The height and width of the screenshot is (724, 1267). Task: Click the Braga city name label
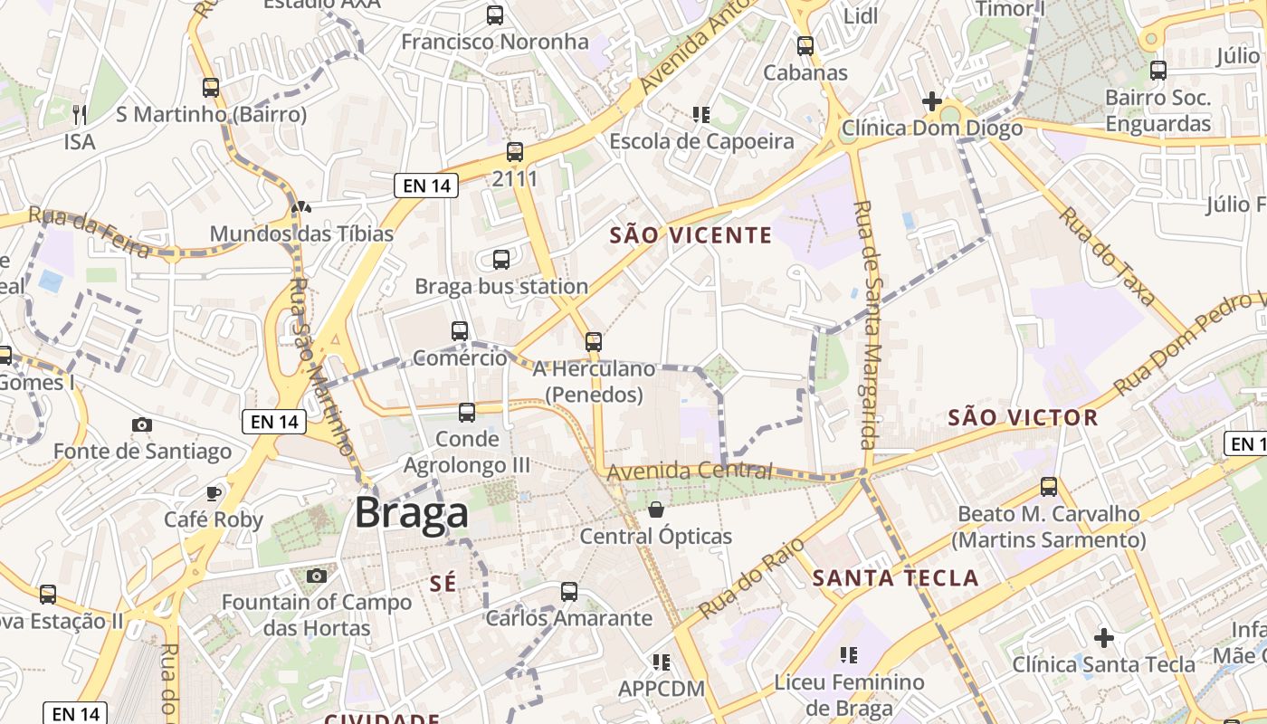point(412,513)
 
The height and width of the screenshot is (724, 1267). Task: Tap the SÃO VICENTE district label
point(691,236)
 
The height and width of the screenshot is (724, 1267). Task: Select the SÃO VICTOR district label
point(1023,418)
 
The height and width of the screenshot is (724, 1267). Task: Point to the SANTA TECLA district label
point(895,578)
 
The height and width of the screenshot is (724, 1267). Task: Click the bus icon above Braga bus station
point(501,260)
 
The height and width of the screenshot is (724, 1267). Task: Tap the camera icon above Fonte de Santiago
point(141,424)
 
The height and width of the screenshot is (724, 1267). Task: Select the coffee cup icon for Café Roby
point(213,493)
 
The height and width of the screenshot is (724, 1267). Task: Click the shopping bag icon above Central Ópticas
point(656,510)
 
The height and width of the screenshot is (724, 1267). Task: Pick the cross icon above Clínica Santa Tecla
point(1103,637)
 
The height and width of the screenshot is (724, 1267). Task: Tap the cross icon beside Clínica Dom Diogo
point(931,100)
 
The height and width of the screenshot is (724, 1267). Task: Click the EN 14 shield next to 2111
point(426,186)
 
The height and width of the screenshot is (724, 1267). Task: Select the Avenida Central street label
point(690,471)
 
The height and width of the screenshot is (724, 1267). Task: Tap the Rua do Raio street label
point(739,580)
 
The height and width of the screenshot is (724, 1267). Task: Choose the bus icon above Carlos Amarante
point(568,592)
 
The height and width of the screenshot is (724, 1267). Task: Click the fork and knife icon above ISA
point(80,114)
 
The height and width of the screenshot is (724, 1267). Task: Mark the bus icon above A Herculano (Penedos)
point(593,341)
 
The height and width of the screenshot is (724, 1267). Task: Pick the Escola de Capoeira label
point(701,142)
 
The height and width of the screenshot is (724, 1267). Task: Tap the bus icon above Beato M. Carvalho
point(1048,487)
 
